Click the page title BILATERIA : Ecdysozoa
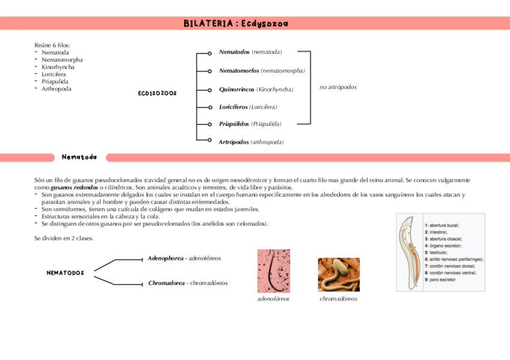click(x=236, y=23)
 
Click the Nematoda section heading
click(x=79, y=157)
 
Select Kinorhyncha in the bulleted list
click(x=58, y=67)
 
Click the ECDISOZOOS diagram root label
click(x=157, y=93)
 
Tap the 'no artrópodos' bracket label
click(x=338, y=87)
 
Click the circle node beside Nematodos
click(x=209, y=53)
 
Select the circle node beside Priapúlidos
click(x=209, y=124)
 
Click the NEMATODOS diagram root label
click(x=65, y=273)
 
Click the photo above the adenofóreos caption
click(x=273, y=270)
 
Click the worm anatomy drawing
click(x=410, y=252)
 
